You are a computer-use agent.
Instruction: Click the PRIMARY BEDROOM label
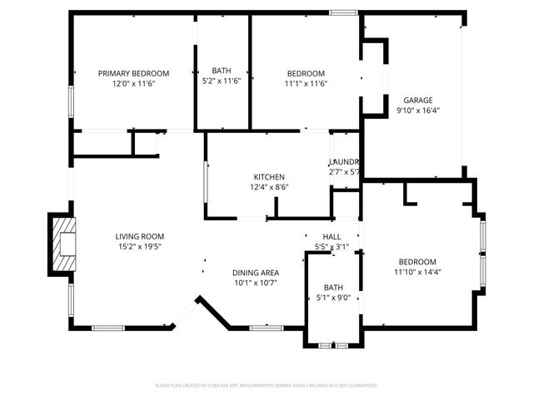click(133, 73)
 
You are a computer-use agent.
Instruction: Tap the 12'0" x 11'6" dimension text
click(133, 84)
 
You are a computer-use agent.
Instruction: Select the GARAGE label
click(418, 100)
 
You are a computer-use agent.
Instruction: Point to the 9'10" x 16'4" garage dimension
click(418, 110)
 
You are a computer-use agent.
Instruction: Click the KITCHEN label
click(270, 177)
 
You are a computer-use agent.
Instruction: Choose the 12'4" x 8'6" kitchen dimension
click(270, 188)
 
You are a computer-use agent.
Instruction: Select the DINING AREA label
click(256, 273)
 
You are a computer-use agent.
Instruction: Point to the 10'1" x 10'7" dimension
click(256, 283)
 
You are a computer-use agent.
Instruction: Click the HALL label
click(331, 237)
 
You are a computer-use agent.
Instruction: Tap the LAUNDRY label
click(343, 161)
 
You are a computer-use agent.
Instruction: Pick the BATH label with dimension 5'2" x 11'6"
click(222, 71)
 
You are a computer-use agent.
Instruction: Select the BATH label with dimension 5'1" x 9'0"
click(333, 288)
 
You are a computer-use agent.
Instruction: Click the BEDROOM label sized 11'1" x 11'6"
click(306, 73)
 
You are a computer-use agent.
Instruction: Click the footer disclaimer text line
click(266, 386)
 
